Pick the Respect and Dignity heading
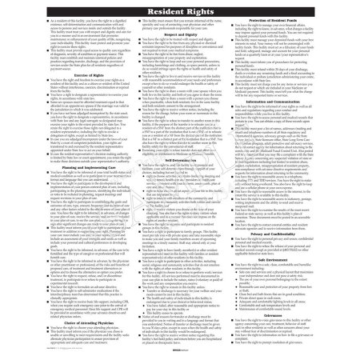coord(179,36)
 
